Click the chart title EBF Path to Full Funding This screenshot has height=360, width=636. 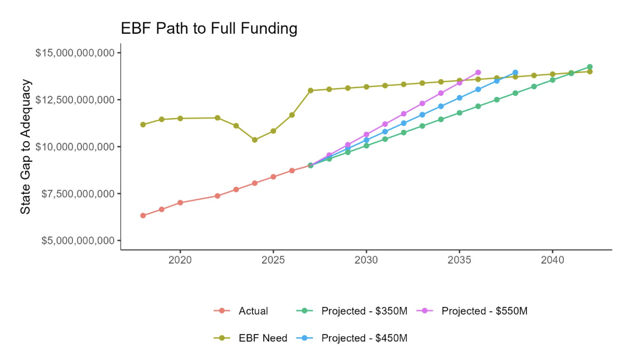tap(209, 29)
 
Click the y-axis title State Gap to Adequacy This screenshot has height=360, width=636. tap(25, 147)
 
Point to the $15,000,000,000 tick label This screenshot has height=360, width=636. tap(75, 53)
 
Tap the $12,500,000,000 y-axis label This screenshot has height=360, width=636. tap(75, 100)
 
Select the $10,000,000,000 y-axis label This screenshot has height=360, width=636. tap(75, 147)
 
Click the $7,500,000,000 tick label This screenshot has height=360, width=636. tap(78, 194)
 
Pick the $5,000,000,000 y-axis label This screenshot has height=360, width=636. tap(78, 241)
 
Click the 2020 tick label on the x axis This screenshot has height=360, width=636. tap(180, 260)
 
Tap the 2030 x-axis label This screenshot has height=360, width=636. tap(366, 260)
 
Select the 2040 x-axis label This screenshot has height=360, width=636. tap(552, 260)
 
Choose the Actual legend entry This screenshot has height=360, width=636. tap(241, 311)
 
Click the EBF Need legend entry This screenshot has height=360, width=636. tap(250, 338)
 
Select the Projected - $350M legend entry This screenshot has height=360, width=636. tap(352, 311)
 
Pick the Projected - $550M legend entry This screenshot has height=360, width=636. tap(471, 311)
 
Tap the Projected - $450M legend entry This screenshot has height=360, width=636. tap(352, 338)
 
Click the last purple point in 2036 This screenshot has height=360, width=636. tap(478, 73)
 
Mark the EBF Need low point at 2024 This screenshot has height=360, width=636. tap(255, 140)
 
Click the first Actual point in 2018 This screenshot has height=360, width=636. tap(143, 215)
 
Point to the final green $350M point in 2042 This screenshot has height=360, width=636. tap(590, 67)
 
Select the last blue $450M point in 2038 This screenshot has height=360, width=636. tap(515, 73)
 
